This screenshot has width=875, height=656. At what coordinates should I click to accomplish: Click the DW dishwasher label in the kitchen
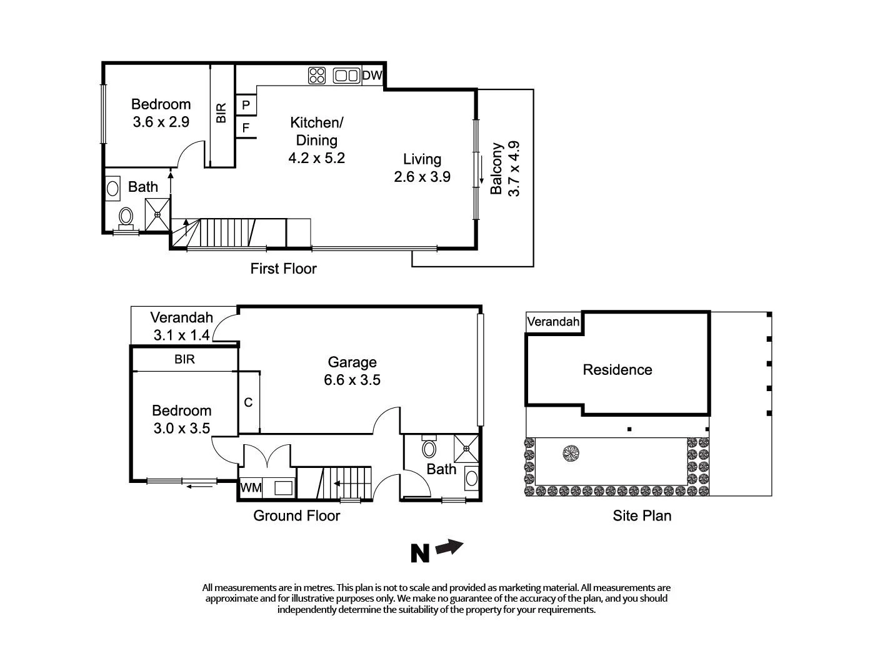pyautogui.click(x=372, y=76)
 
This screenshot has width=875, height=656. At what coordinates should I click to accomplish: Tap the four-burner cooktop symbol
pyautogui.click(x=317, y=76)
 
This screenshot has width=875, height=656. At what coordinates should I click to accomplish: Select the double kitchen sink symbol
pyautogui.click(x=346, y=76)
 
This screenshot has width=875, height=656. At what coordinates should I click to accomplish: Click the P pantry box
pyautogui.click(x=246, y=105)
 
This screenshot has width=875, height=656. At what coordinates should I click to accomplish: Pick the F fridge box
pyautogui.click(x=246, y=128)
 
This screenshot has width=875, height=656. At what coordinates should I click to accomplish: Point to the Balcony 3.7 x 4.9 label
pyautogui.click(x=505, y=169)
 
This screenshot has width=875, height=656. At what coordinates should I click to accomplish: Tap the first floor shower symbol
pyautogui.click(x=157, y=214)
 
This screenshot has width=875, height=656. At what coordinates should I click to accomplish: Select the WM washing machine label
pyautogui.click(x=251, y=487)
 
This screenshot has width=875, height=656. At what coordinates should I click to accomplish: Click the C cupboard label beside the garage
pyautogui.click(x=248, y=402)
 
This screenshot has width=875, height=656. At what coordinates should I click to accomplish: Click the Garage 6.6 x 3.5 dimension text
pyautogui.click(x=352, y=380)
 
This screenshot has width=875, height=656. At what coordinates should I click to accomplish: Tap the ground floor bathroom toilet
pyautogui.click(x=429, y=448)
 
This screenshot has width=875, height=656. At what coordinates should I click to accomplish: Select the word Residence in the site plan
pyautogui.click(x=617, y=370)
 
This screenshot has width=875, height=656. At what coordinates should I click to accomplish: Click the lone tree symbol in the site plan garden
pyautogui.click(x=570, y=453)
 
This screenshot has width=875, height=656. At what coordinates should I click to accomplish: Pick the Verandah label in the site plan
pyautogui.click(x=553, y=322)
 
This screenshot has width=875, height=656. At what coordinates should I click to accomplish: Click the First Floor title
pyautogui.click(x=283, y=269)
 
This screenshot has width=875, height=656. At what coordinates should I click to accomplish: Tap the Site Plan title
pyautogui.click(x=642, y=515)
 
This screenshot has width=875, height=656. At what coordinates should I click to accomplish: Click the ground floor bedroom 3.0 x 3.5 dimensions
pyautogui.click(x=182, y=429)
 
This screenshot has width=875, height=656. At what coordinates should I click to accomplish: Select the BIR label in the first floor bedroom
pyautogui.click(x=221, y=113)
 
